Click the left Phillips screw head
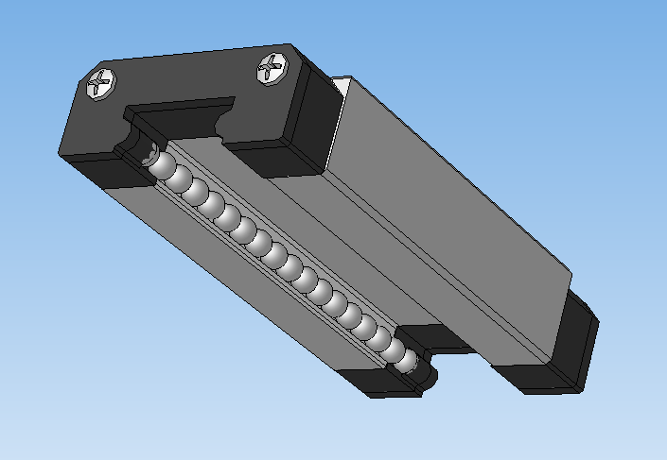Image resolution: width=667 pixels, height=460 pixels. [x=101, y=84]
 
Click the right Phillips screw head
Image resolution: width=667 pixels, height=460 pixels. [x=272, y=68]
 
